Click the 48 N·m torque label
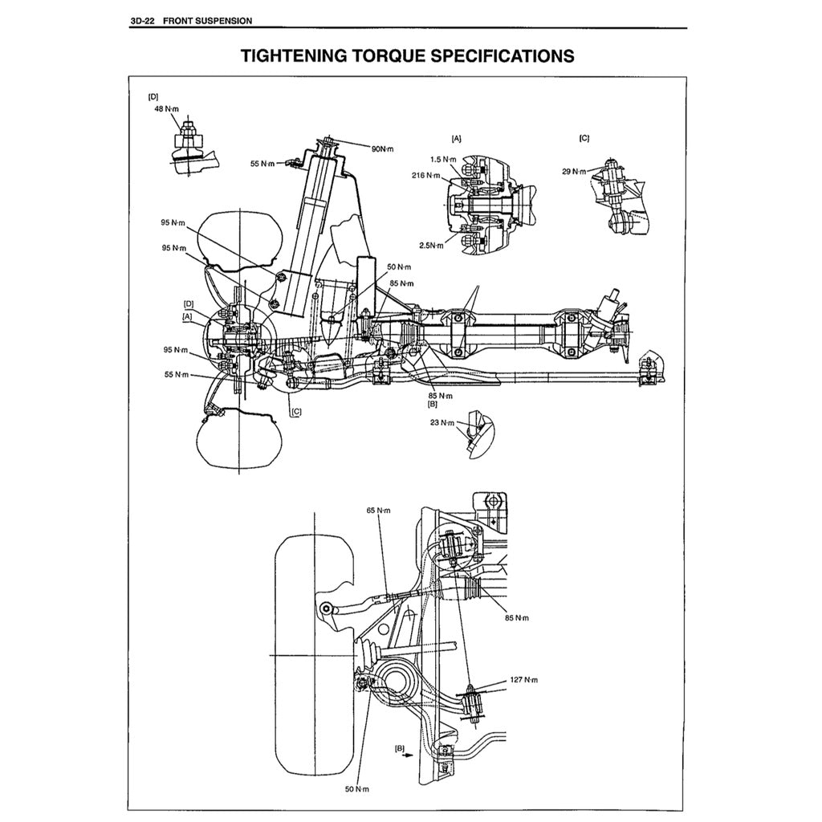pyautogui.click(x=166, y=108)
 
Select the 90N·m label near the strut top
pyautogui.click(x=382, y=149)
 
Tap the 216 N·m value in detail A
pyautogui.click(x=425, y=175)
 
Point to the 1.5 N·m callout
pyautogui.click(x=442, y=160)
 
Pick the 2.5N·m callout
pyautogui.click(x=430, y=246)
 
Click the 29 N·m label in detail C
pyautogui.click(x=574, y=171)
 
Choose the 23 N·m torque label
pyautogui.click(x=442, y=422)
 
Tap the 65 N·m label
pyautogui.click(x=378, y=511)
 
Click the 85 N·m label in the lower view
pyautogui.click(x=517, y=618)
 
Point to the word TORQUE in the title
pyautogui.click(x=386, y=56)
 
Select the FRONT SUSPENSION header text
pyautogui.click(x=207, y=21)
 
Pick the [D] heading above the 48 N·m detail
pyautogui.click(x=153, y=96)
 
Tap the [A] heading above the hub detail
pyautogui.click(x=457, y=138)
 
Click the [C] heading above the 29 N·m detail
pyautogui.click(x=584, y=138)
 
